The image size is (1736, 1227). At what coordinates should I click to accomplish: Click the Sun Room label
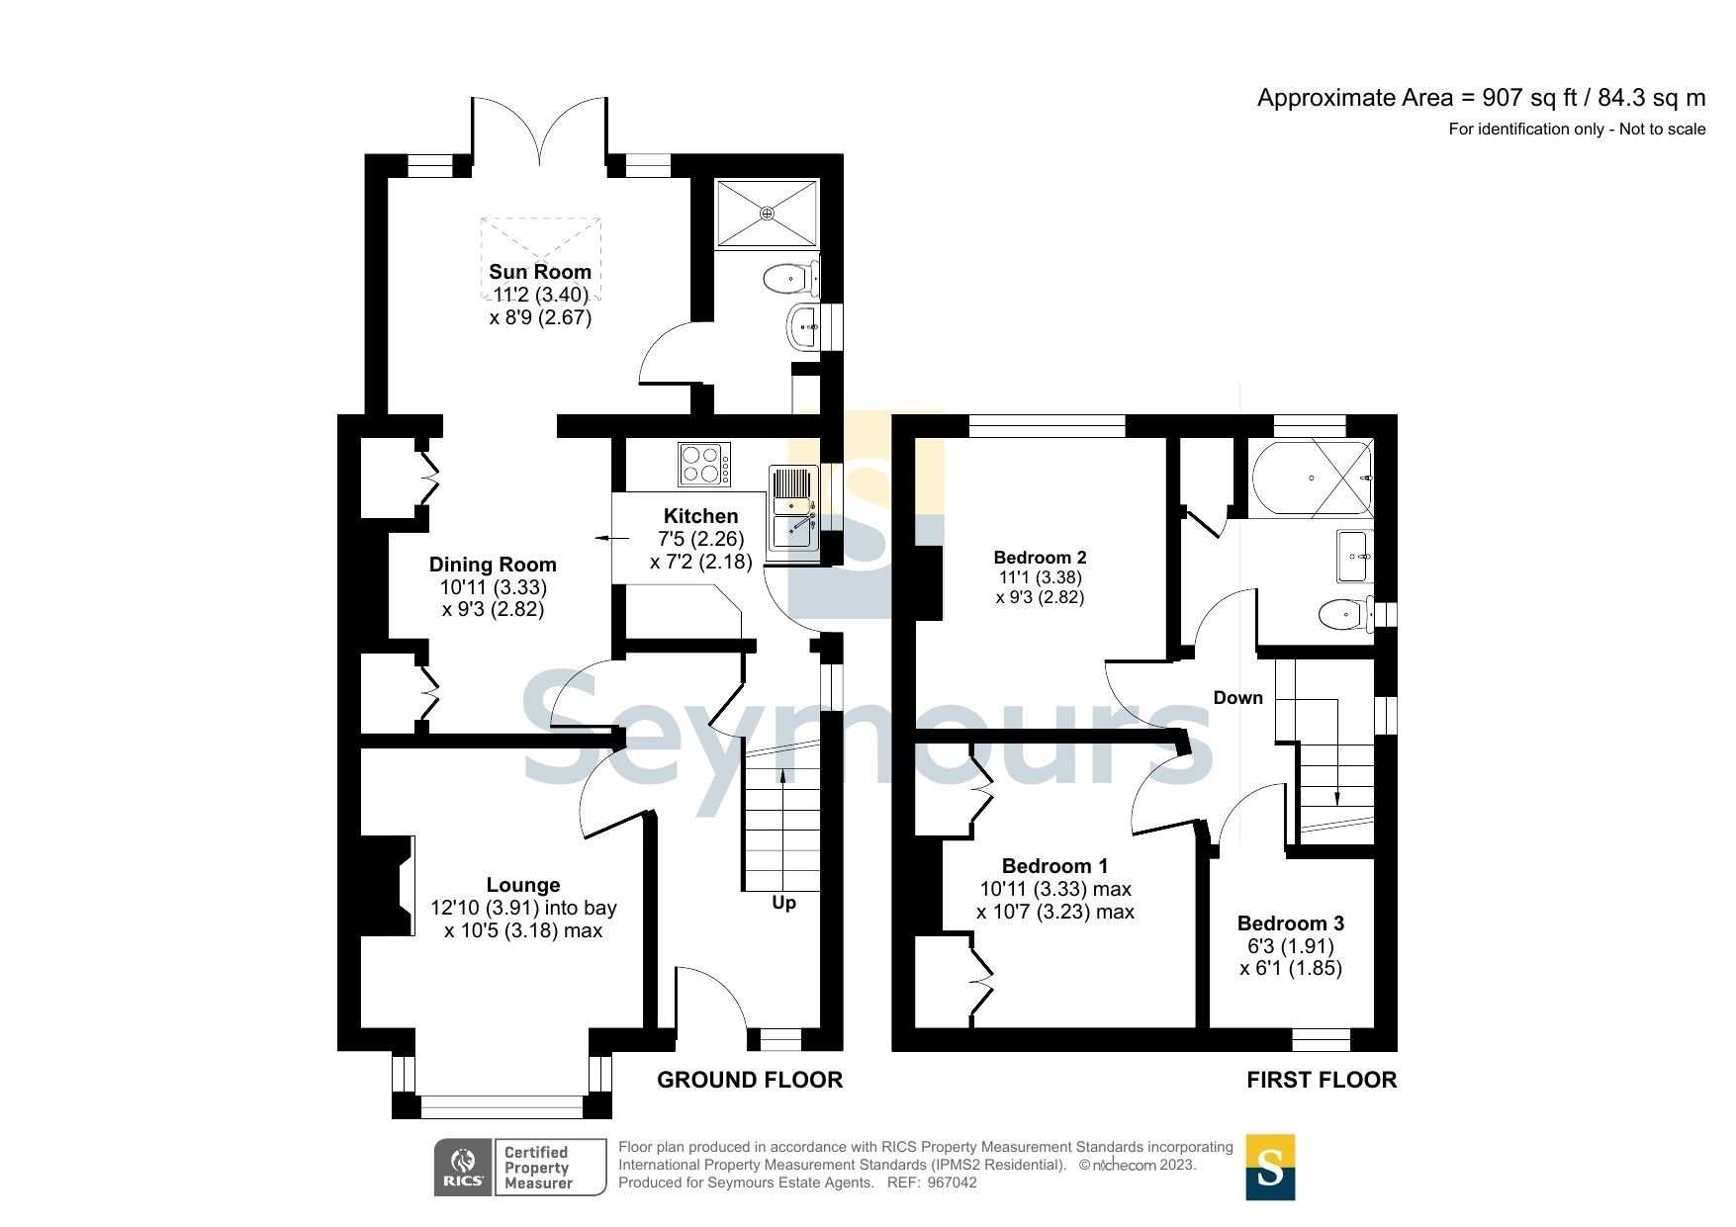(x=539, y=272)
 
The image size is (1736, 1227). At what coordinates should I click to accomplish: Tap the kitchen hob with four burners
(x=704, y=464)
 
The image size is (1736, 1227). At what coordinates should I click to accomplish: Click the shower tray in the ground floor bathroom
(x=767, y=212)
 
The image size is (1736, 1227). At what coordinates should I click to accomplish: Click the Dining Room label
(x=492, y=565)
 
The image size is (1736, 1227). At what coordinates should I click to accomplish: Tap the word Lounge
(x=522, y=885)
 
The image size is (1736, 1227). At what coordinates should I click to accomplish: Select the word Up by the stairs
(x=783, y=903)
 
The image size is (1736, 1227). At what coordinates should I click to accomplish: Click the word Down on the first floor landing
(x=1237, y=698)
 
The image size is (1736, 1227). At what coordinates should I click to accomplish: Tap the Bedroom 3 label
(x=1290, y=923)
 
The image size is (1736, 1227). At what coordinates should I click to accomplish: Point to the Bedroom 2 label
(x=1040, y=558)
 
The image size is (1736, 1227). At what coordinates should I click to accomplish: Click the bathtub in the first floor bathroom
(x=1311, y=479)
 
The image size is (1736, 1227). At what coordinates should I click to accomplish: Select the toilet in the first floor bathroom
(x=1343, y=616)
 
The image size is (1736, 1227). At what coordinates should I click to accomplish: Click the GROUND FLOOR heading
(x=749, y=1080)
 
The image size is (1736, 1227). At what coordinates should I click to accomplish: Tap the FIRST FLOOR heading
(x=1321, y=1080)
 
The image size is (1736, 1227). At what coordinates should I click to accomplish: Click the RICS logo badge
(x=463, y=1167)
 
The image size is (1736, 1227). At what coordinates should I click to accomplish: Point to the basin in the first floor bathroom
(x=1353, y=556)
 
